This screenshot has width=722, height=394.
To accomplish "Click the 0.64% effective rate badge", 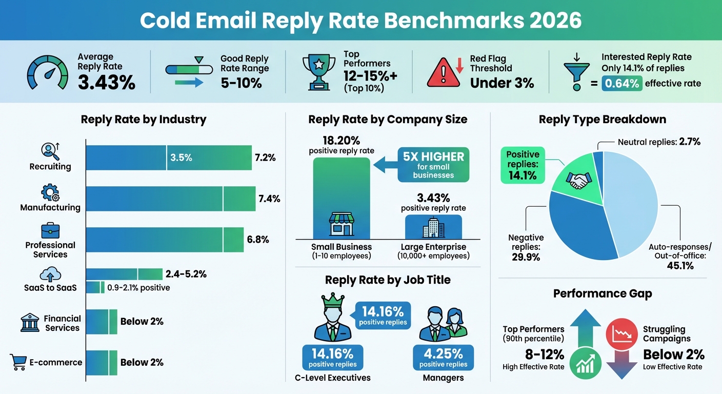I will point(622,83).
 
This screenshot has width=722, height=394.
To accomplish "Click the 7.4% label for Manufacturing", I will point(269,199).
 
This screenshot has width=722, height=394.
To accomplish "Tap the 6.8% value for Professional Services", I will point(257,240).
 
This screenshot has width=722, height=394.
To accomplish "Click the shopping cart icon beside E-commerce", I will point(18,362).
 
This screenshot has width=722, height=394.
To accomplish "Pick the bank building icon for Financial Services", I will point(29,323).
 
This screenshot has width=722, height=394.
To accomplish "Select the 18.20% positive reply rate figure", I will point(341,140).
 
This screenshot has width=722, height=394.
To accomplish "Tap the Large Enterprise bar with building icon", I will point(433,227).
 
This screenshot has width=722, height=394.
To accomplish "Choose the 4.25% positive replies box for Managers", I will point(443,358).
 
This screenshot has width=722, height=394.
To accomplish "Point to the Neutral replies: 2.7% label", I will point(659,142).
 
